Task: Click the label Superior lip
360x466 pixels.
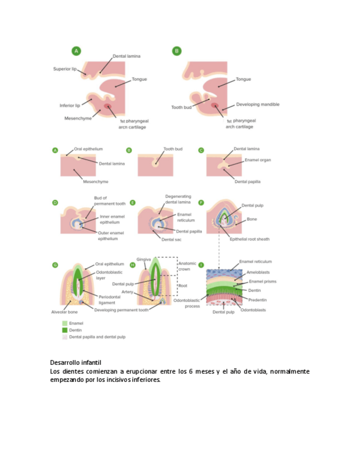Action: (x=65, y=69)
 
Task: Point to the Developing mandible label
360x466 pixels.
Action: (x=258, y=104)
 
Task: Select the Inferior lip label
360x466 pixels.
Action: (x=70, y=106)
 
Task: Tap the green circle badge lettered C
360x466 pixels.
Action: (x=201, y=149)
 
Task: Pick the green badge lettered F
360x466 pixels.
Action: (x=201, y=202)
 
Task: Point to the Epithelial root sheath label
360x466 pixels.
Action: (x=251, y=239)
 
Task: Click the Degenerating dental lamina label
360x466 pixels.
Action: (x=178, y=199)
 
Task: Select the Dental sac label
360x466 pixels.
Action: (x=170, y=239)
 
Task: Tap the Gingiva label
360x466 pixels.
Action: (x=143, y=259)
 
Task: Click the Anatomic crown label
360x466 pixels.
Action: (x=187, y=267)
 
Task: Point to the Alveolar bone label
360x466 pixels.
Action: (x=64, y=312)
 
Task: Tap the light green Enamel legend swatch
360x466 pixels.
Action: (x=64, y=324)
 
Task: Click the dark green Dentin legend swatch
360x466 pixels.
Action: (x=64, y=330)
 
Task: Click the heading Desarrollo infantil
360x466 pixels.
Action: (x=76, y=363)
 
